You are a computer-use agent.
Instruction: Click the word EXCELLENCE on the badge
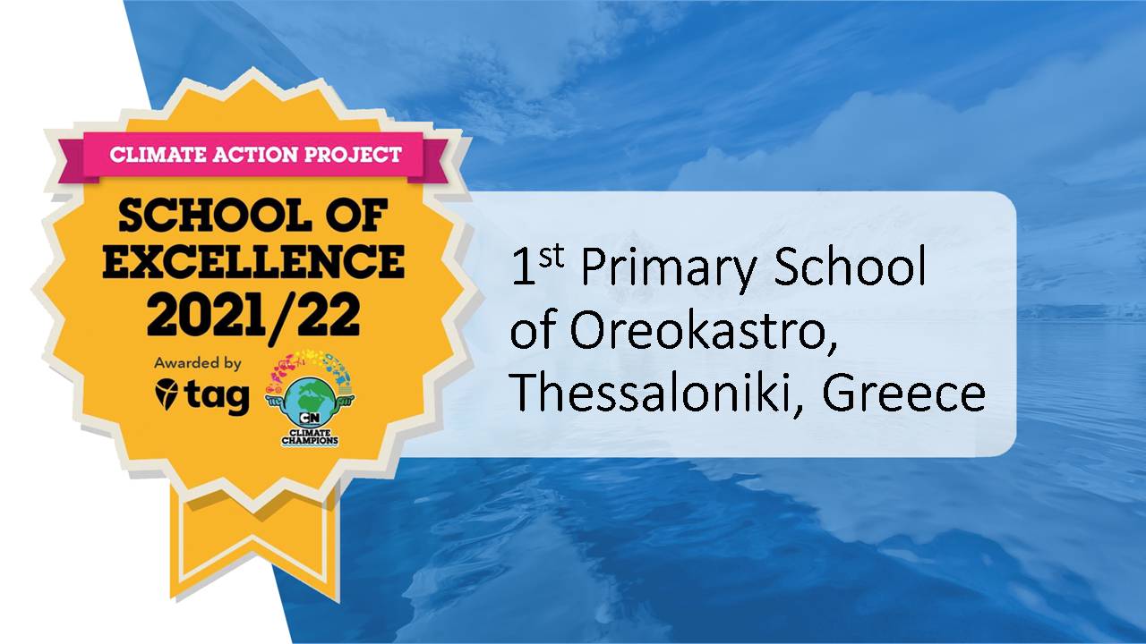click(253, 261)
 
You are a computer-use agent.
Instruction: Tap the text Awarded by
click(198, 363)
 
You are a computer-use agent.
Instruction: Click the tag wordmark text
click(217, 397)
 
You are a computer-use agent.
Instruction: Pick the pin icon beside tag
click(167, 394)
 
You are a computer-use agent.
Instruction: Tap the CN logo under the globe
click(310, 419)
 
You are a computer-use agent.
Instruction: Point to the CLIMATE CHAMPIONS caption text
click(310, 437)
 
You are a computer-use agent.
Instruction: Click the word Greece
click(903, 394)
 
